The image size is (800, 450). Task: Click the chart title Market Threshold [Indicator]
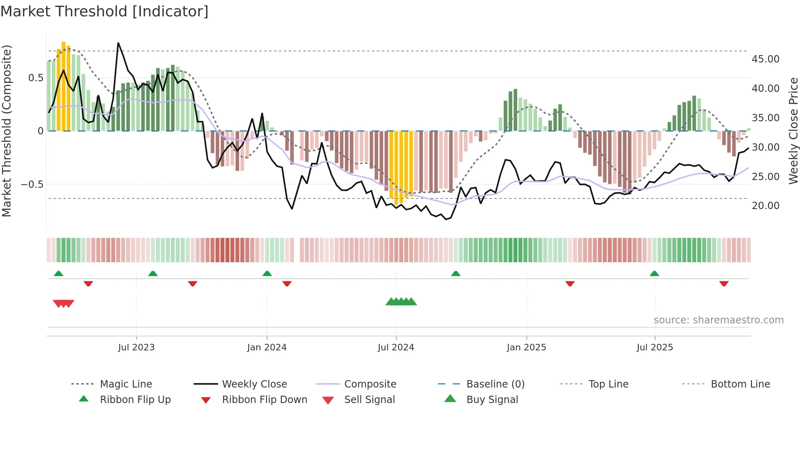(x=104, y=11)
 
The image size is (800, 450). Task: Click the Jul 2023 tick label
(x=136, y=348)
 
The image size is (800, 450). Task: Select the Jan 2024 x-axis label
(x=267, y=348)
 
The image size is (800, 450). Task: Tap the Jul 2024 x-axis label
(x=396, y=348)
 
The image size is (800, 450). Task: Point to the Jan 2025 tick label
(x=527, y=348)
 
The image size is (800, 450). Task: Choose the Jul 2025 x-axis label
(x=655, y=348)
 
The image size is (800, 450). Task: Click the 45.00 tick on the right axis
(x=766, y=59)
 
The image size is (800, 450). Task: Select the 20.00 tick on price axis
(x=766, y=206)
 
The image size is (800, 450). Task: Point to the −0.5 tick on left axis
(x=32, y=185)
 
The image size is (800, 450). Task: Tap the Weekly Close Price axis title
(x=793, y=131)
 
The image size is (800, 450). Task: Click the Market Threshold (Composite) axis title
(x=7, y=131)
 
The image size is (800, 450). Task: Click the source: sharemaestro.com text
(x=718, y=320)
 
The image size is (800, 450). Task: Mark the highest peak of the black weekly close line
(x=118, y=43)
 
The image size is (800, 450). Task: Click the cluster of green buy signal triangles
(x=401, y=302)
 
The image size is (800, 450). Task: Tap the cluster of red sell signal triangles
(x=64, y=303)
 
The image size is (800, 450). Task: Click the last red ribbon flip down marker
(x=724, y=283)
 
